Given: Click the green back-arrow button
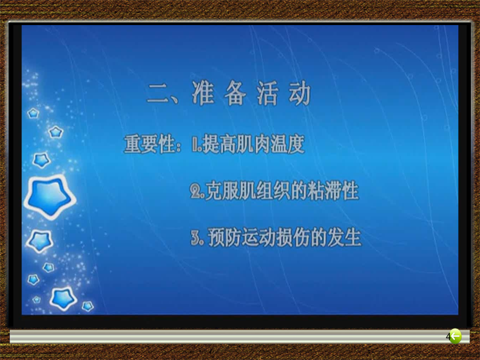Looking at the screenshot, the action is (455, 336).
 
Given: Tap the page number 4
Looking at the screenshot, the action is (448, 337).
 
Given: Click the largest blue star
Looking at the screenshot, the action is (50, 196).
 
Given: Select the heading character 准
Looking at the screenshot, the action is (203, 93).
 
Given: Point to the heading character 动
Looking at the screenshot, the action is (300, 93).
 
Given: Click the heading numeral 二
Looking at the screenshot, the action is (158, 94).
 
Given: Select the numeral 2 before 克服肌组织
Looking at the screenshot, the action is (195, 191).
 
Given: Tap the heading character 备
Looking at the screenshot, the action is (235, 93).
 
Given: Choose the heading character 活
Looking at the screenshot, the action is (268, 93).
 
